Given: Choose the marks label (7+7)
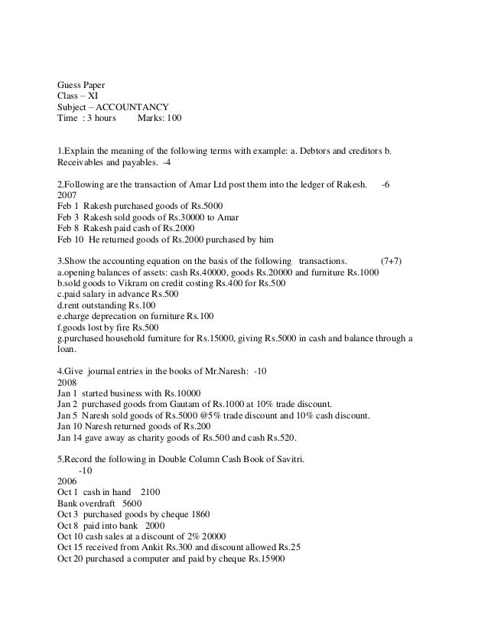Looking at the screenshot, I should tap(395, 261).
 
